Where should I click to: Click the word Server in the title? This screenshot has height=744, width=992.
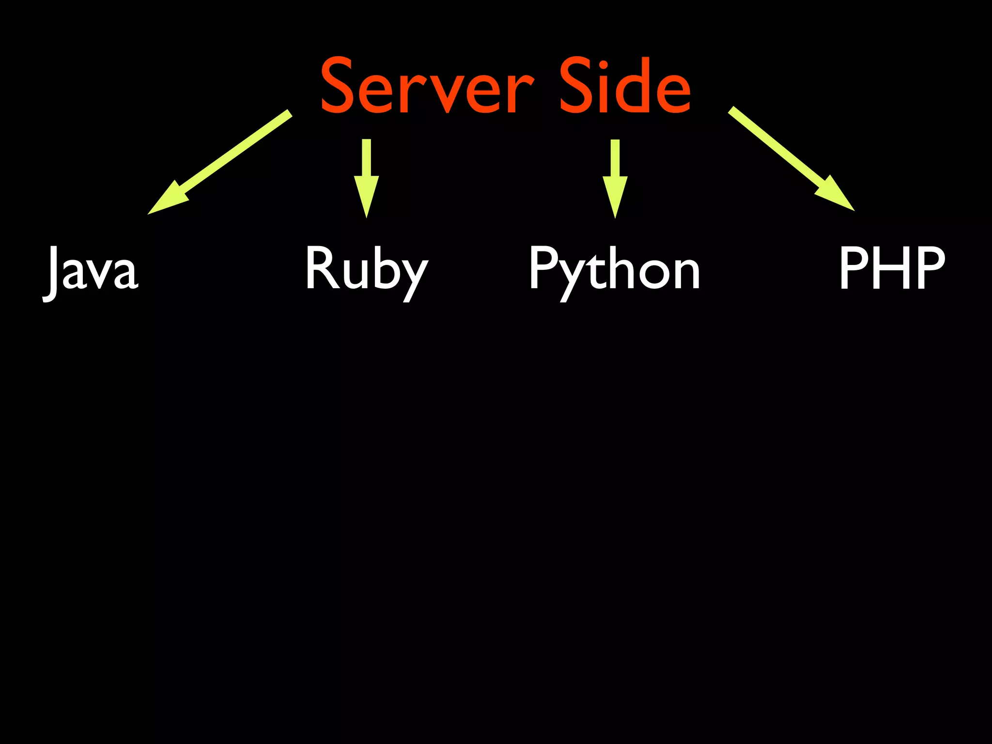pyautogui.click(x=426, y=86)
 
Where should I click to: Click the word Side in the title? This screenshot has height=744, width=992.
pyautogui.click(x=625, y=86)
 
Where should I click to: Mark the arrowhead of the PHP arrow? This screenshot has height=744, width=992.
pyautogui.click(x=836, y=196)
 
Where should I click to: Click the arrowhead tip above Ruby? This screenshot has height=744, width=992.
pyautogui.click(x=367, y=216)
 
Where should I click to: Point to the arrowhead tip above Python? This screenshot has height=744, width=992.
pyautogui.click(x=615, y=216)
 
